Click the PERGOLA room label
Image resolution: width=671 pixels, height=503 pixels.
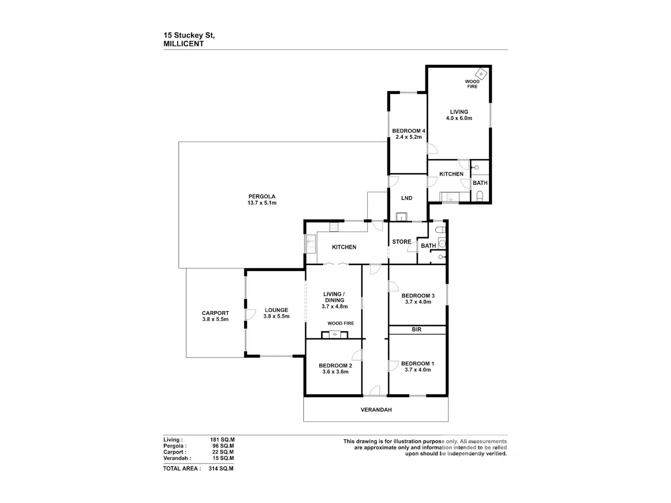point(262,196)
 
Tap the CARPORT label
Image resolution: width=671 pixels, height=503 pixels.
point(215,313)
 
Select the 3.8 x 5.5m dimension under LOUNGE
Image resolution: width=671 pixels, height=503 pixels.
point(276,316)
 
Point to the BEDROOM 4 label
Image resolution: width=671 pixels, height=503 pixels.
point(409,131)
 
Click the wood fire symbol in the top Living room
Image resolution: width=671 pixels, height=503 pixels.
point(481,74)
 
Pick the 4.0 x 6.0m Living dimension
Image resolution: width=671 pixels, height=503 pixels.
point(459,118)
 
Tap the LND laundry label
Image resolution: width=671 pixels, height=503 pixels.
point(407,198)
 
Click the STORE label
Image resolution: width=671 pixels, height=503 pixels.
point(402,241)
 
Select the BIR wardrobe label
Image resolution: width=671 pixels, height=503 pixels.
point(416,329)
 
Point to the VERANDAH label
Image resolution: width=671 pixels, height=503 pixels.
point(376,410)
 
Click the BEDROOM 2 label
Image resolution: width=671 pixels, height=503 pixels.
point(335,366)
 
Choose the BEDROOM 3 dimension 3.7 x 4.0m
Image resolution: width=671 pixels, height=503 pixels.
point(418,302)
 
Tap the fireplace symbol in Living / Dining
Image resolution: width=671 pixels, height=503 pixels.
point(335,335)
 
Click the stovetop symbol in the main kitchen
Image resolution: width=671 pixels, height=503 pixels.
point(334,227)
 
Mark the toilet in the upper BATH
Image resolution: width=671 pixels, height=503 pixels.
point(480,196)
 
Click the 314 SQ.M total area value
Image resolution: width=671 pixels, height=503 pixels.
point(221,468)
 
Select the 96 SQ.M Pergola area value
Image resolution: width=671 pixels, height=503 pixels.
point(223,446)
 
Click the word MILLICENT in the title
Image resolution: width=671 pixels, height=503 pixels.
point(183,44)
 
